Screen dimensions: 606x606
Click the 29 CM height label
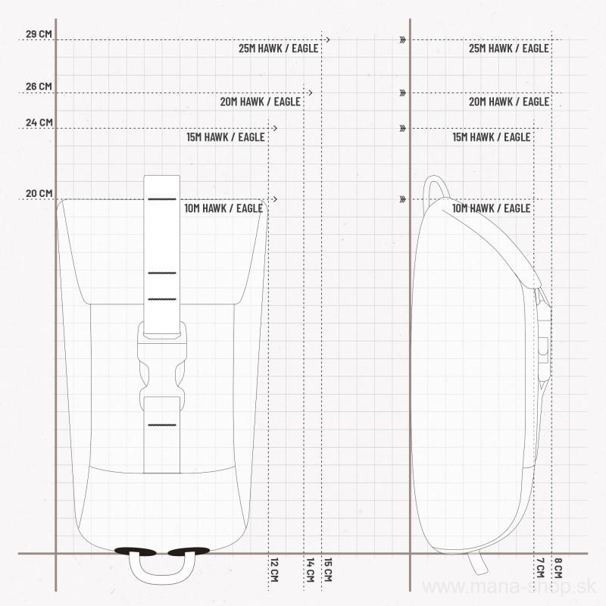[39, 34]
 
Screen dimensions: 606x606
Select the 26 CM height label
[39, 86]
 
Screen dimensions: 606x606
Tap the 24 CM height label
[39, 123]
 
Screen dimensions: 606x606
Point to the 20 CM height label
[39, 193]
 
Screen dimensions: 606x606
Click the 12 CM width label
[274, 570]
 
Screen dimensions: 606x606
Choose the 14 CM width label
[310, 570]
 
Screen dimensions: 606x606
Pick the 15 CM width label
[328, 570]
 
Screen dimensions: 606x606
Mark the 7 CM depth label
[540, 568]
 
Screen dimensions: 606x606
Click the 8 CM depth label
[558, 568]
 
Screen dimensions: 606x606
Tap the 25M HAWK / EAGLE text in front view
[279, 48]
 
